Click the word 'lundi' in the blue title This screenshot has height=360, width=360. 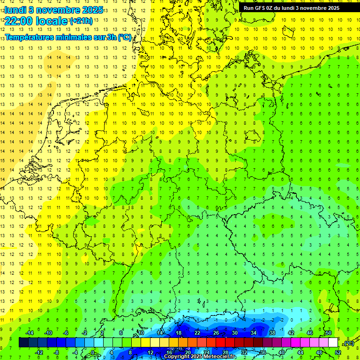click(15, 10)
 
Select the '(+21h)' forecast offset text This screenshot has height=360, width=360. click(81, 22)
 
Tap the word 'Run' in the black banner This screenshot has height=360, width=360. click(249, 8)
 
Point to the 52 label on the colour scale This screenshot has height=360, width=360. click(338, 352)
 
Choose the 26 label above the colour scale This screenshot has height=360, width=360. click(216, 333)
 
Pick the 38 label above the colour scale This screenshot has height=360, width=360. click(272, 333)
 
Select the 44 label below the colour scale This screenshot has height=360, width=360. click(300, 352)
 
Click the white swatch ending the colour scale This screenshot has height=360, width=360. click(333, 343)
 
